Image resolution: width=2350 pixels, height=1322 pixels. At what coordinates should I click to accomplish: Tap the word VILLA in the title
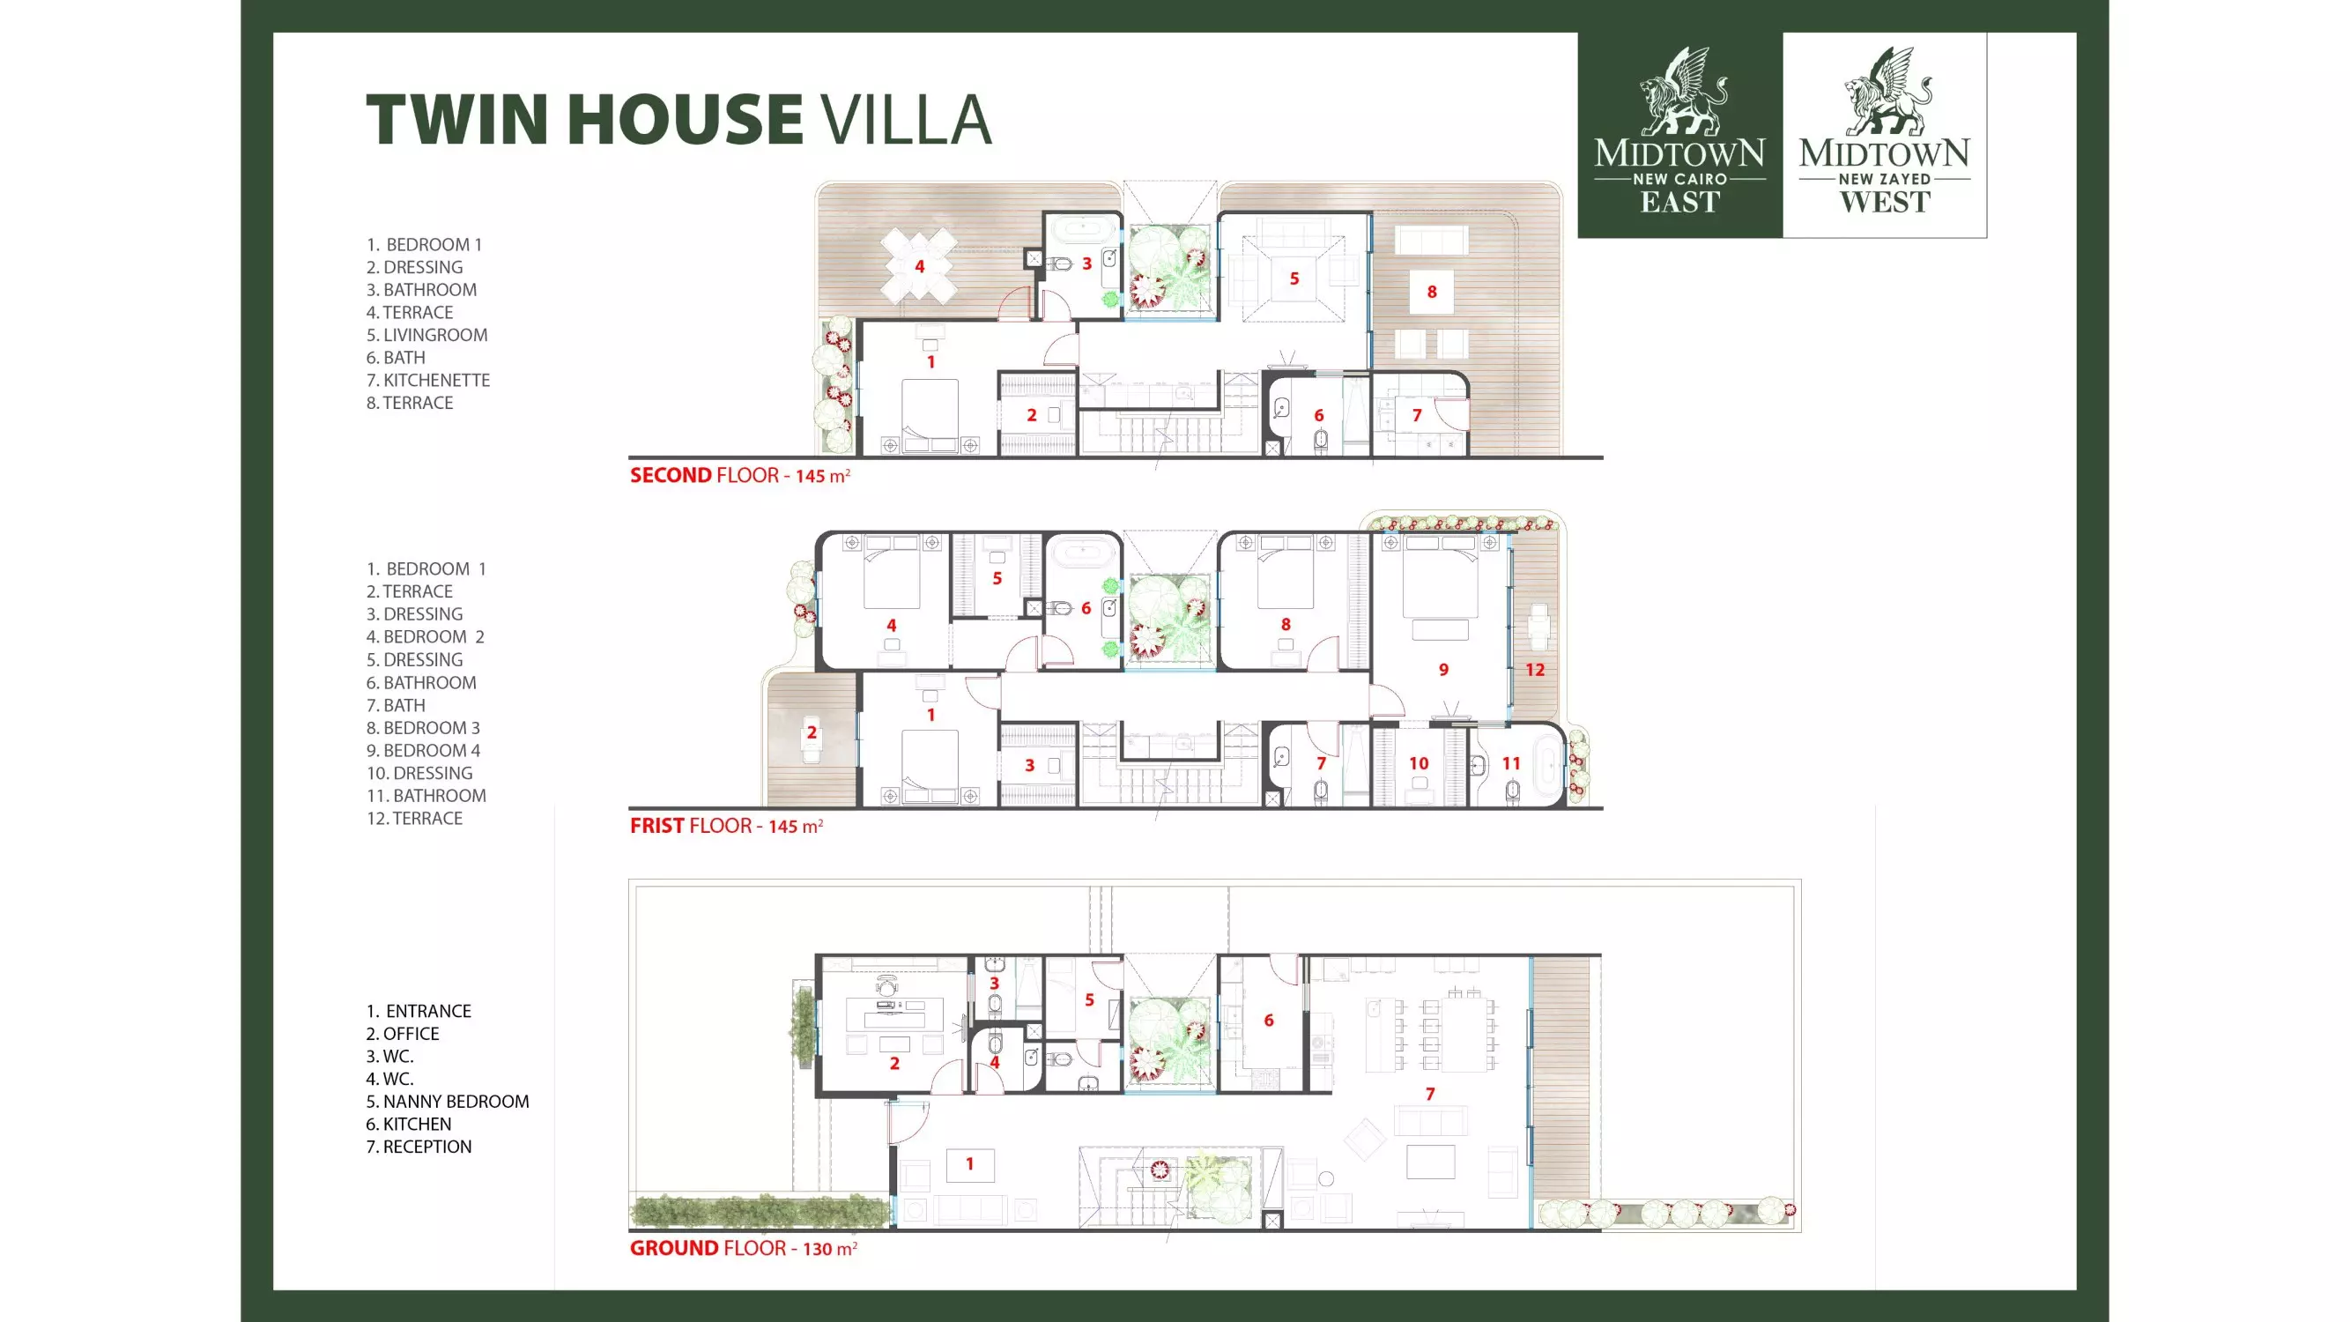(x=906, y=120)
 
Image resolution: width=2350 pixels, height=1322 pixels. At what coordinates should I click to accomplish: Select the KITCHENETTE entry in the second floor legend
(x=428, y=381)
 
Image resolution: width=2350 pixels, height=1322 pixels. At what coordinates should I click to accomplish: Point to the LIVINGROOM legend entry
(x=427, y=335)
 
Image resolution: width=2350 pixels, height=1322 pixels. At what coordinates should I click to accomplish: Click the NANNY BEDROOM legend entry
(x=447, y=1101)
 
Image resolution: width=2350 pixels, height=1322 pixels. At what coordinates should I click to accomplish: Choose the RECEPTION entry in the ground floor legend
(x=419, y=1147)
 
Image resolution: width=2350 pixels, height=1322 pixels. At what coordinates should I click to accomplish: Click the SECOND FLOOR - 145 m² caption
(x=740, y=475)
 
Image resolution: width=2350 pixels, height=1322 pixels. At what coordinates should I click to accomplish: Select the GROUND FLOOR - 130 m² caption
(x=744, y=1248)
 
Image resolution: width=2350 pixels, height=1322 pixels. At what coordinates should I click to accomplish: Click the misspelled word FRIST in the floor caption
(x=656, y=826)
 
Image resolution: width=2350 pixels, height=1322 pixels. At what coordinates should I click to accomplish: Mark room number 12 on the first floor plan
(x=1535, y=670)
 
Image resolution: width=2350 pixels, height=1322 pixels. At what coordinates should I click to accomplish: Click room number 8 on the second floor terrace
(x=1432, y=292)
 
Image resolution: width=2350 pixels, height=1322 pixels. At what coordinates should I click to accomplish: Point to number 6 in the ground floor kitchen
(x=1269, y=1020)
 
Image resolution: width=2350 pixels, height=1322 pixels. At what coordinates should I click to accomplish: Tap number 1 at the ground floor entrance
(x=970, y=1163)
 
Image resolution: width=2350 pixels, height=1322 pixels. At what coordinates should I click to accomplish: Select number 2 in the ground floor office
(x=895, y=1063)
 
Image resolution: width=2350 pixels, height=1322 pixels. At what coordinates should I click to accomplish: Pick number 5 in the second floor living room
(x=1294, y=279)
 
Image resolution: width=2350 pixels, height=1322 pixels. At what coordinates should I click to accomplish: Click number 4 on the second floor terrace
(x=920, y=266)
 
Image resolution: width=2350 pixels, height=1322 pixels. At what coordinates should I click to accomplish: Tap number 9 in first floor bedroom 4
(x=1444, y=670)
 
